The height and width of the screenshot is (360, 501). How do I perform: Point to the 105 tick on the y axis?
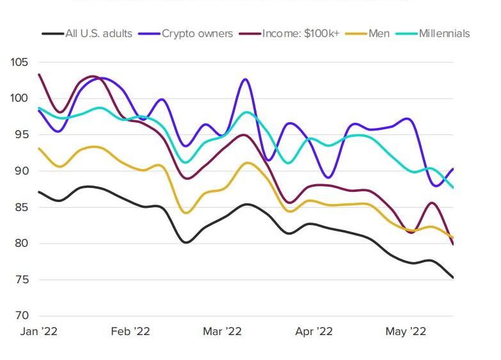click(20, 63)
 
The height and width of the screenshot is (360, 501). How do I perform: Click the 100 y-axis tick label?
click(20, 98)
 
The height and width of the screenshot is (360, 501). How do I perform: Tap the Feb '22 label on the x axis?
click(131, 331)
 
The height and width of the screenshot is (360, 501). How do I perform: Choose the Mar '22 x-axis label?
click(222, 331)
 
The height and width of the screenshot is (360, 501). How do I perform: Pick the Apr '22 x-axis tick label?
click(314, 331)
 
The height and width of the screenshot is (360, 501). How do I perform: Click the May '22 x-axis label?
click(406, 331)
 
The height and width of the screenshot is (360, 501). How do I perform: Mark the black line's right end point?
click(453, 278)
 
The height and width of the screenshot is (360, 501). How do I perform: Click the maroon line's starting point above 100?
click(40, 75)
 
